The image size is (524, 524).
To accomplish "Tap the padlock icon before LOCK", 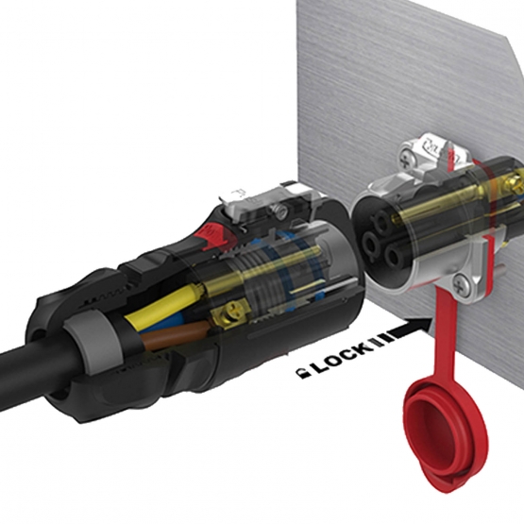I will point(299,371).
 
